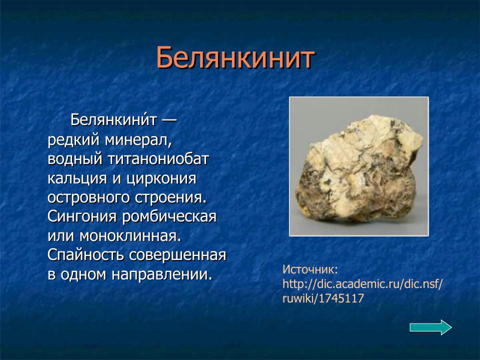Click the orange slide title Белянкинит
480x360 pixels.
coord(235,58)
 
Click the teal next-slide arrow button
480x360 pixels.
coord(430,327)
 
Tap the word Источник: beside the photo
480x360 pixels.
coord(310,269)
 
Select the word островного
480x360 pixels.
coord(87,197)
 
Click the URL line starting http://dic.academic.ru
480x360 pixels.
coord(362,284)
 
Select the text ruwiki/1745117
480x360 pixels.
coord(322,299)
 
